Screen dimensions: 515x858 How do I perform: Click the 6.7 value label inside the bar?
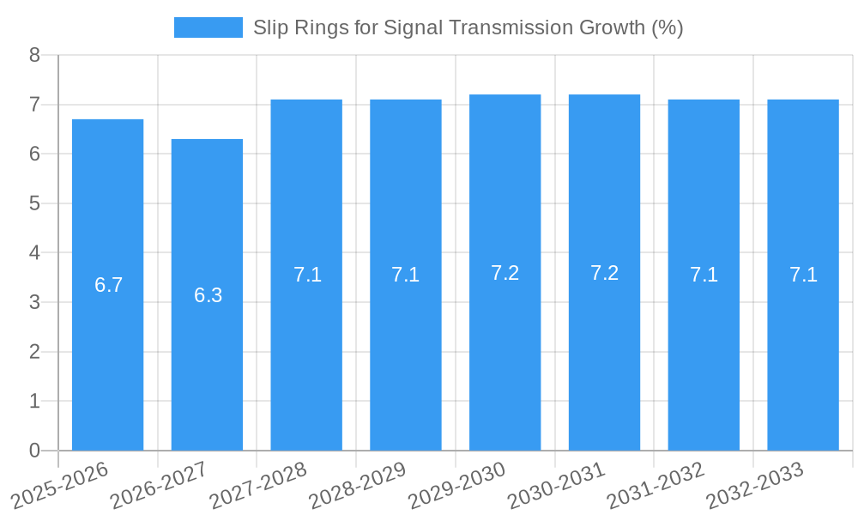point(108,285)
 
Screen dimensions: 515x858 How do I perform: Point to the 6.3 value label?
point(208,295)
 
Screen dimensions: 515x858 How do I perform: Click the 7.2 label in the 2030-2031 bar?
point(604,273)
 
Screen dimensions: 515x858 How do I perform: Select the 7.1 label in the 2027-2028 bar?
point(307,275)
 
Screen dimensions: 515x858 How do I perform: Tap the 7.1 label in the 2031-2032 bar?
point(704,275)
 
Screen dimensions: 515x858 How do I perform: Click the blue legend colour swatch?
point(208,27)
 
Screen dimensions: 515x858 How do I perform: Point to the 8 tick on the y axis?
point(34,55)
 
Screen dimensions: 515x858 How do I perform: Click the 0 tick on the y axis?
point(34,451)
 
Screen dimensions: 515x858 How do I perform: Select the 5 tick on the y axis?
point(34,203)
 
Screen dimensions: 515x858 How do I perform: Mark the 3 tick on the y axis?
point(34,302)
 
